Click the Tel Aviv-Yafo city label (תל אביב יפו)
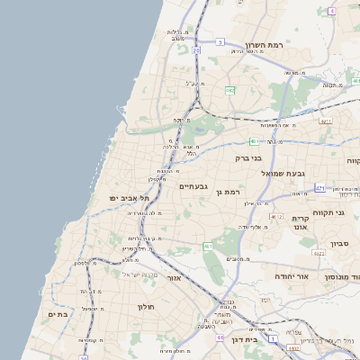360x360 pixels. (130, 198)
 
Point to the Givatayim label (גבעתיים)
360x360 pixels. (193, 186)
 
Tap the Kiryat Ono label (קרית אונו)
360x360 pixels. (301, 222)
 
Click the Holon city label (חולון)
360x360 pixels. (147, 307)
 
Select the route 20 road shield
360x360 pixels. (195, 51)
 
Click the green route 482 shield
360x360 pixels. (230, 90)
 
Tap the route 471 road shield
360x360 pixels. (319, 188)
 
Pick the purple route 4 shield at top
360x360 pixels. (331, 11)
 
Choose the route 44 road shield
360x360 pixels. (220, 337)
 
